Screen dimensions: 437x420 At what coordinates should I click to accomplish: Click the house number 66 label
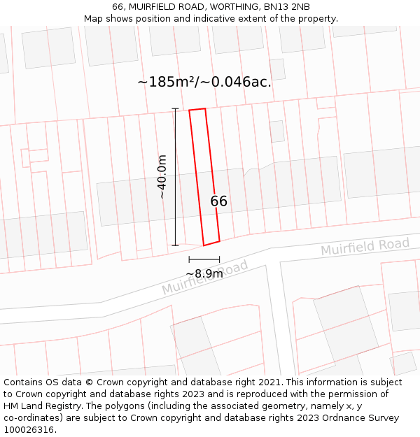(219, 201)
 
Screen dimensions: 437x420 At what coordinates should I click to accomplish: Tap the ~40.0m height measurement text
(162, 177)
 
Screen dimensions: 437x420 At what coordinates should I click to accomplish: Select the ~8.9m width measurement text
(204, 273)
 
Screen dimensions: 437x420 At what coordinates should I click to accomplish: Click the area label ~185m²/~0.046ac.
(204, 82)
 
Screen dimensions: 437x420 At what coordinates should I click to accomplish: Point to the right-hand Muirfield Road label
(365, 246)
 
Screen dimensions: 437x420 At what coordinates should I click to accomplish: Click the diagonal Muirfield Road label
(205, 278)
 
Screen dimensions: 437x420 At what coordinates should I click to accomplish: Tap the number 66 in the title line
(118, 7)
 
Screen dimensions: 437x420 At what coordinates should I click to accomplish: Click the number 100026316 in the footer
(27, 430)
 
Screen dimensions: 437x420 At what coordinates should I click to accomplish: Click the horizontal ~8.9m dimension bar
(204, 260)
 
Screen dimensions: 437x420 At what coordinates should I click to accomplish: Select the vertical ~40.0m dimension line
(175, 177)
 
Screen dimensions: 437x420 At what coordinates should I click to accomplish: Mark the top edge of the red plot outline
(197, 109)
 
